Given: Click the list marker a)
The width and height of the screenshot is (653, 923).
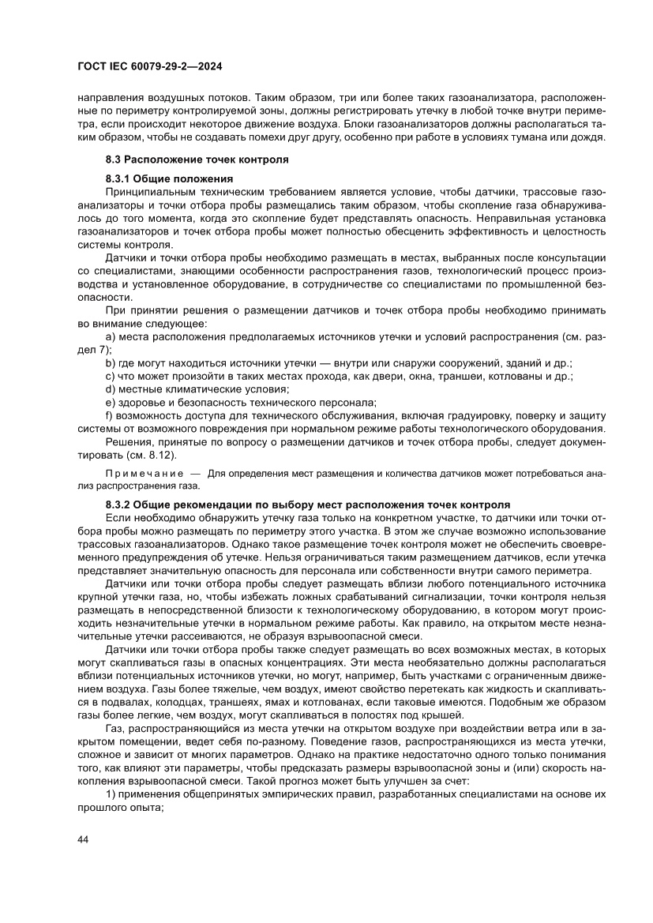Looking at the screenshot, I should coord(110,337).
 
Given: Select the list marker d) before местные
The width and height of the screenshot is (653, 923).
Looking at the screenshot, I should coord(110,388).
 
